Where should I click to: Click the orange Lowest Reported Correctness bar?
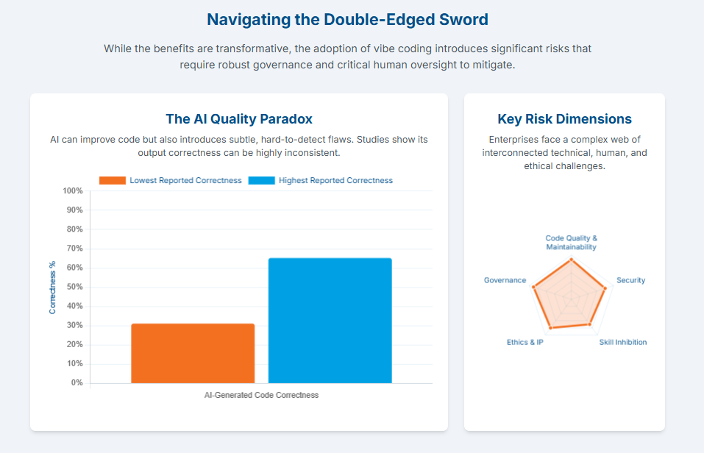[x=193, y=353]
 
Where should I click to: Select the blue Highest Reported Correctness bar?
[x=330, y=321]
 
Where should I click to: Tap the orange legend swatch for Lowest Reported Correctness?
[x=113, y=180]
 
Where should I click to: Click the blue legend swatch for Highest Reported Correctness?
[x=261, y=180]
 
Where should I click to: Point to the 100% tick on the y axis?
[x=73, y=190]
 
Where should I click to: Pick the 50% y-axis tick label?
[x=75, y=287]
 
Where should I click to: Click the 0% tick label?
[x=77, y=383]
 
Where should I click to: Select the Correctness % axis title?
[x=52, y=288]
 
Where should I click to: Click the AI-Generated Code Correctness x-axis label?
[x=261, y=395]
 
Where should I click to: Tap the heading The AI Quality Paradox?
[x=239, y=119]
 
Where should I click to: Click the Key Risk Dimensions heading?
[x=564, y=119]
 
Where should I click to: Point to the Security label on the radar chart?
[x=631, y=280]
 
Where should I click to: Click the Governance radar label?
[x=505, y=280]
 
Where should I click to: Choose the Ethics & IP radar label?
[x=525, y=342]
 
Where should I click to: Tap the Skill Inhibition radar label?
[x=623, y=342]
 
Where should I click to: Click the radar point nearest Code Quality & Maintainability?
[x=571, y=259]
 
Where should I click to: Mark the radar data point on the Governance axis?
[x=533, y=287]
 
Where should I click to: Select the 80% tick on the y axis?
[x=75, y=229]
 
